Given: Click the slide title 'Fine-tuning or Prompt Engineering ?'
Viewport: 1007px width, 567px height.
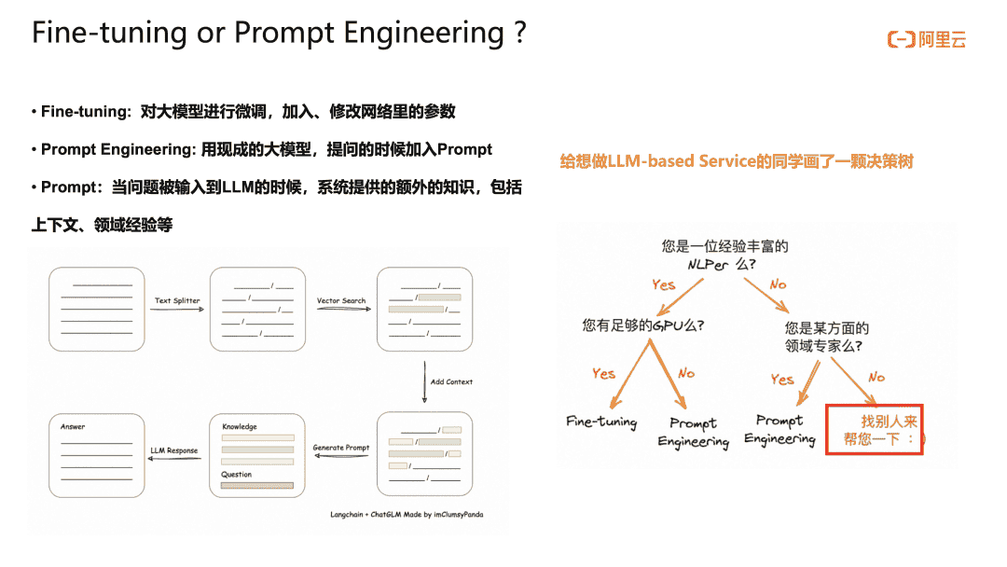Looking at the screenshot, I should [x=279, y=33].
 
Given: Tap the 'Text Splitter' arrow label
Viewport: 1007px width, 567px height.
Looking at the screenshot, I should [x=177, y=301].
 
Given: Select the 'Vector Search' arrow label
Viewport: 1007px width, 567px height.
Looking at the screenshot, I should [x=341, y=301].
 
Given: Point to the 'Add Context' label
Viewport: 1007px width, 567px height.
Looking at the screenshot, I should [x=451, y=381].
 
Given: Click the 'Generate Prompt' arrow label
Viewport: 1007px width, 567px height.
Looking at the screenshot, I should [x=340, y=448].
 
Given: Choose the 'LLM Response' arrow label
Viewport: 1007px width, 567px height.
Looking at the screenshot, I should [x=174, y=450].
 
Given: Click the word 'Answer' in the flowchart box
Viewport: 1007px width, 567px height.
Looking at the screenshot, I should [x=73, y=427].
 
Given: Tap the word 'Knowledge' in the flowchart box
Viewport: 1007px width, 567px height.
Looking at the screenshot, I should [x=240, y=427].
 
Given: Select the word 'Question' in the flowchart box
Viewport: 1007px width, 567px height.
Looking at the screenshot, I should [x=236, y=475].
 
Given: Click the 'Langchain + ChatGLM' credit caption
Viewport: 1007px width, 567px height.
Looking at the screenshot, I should [x=407, y=514].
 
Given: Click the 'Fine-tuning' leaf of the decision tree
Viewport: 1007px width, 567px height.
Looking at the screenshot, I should [x=601, y=422].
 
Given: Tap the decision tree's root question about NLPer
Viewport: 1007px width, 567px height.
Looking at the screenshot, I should [x=724, y=255].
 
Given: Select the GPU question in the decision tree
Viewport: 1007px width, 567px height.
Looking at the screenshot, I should [x=642, y=325].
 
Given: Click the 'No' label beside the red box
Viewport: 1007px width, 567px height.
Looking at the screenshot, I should [x=876, y=377].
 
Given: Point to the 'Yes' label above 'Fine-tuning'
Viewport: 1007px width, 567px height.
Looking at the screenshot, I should [x=603, y=374].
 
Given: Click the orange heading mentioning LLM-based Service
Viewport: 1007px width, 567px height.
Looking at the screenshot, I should [x=737, y=161].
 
